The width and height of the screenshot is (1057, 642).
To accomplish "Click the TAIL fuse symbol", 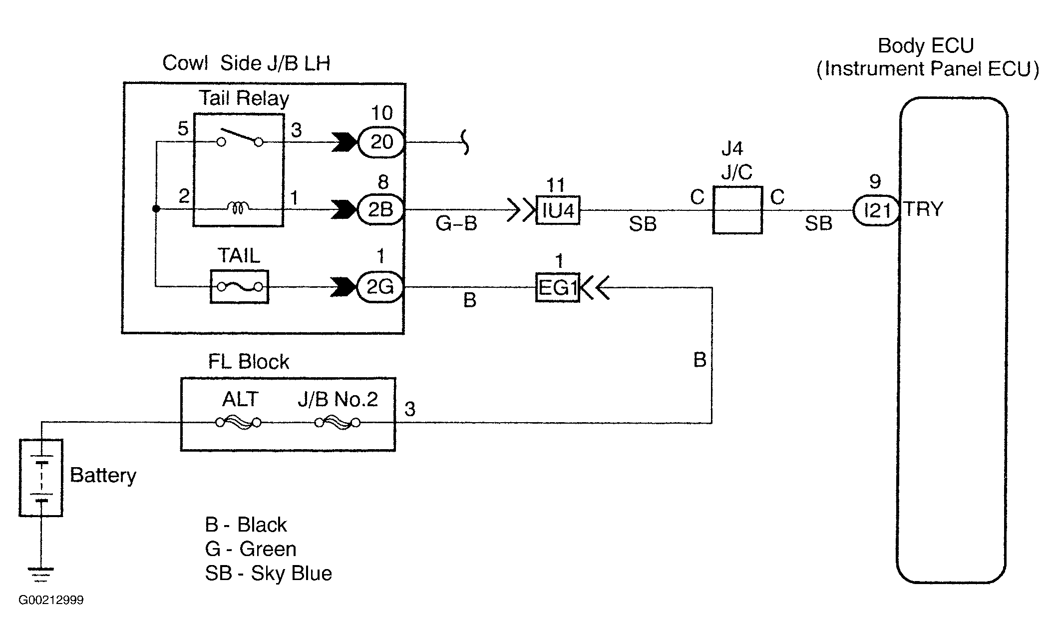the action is [x=240, y=287].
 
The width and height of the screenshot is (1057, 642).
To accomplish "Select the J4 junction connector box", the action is [x=737, y=210].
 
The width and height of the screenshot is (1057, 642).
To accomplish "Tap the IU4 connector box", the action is [x=558, y=210].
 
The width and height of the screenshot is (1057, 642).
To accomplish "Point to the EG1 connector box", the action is [x=558, y=287].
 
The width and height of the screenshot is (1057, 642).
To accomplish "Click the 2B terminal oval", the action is [x=381, y=210].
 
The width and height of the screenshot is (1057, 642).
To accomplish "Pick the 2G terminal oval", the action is [x=380, y=287].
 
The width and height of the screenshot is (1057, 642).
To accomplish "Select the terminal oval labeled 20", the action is [x=381, y=142].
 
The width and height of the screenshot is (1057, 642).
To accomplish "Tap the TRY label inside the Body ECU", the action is [x=923, y=209].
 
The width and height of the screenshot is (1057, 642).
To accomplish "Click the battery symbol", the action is [x=41, y=478].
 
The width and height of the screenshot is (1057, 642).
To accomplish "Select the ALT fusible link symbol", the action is [x=239, y=423].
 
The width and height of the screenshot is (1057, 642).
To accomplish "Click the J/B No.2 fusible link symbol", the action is [x=338, y=423].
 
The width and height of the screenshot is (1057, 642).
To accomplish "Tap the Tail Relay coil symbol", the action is [x=239, y=207].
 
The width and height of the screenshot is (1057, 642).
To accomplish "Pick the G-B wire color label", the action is [x=456, y=223].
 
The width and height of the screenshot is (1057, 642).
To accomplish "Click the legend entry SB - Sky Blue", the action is [x=269, y=573].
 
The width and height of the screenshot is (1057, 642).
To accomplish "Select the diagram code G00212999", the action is [x=51, y=600].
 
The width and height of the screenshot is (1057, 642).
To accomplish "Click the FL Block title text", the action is [x=249, y=362].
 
